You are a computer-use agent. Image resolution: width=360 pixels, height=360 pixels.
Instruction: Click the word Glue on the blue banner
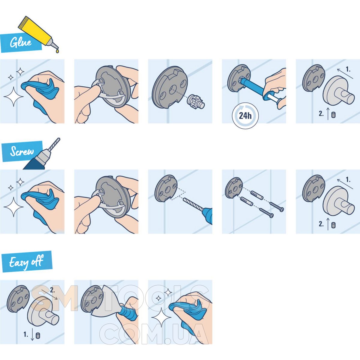(x=21, y=42)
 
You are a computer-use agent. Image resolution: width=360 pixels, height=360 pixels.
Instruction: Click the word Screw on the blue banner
(x=22, y=151)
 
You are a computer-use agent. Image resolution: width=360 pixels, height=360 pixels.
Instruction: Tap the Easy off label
(x=26, y=262)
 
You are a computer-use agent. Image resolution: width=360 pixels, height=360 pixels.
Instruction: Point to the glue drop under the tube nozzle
(x=57, y=50)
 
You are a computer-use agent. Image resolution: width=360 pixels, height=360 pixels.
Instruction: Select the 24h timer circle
(x=245, y=115)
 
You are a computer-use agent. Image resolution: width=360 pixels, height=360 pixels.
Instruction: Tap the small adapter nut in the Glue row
(x=196, y=102)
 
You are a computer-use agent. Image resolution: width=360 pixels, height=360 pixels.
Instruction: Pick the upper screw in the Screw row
(x=277, y=207)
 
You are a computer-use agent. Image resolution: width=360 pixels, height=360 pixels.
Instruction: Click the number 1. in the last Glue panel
(x=348, y=70)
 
